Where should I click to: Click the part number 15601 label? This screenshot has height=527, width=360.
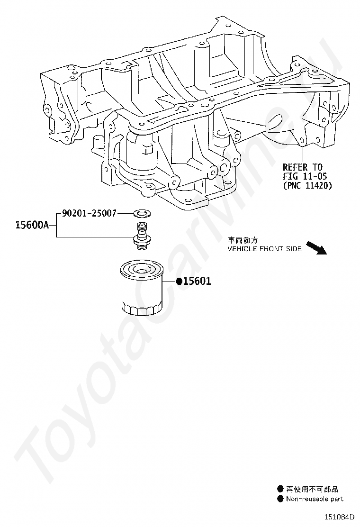coord(197,281)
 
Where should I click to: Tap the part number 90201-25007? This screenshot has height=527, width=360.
coord(89,214)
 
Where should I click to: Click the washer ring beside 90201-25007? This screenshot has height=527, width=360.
coord(140,214)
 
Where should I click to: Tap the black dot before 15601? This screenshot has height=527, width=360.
coord(179,281)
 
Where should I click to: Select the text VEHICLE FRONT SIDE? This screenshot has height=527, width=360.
coord(264,249)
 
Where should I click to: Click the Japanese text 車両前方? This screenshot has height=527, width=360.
coord(243,240)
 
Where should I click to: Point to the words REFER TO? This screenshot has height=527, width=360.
coord(303,167)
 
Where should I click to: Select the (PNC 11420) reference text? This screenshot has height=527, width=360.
coord(307,186)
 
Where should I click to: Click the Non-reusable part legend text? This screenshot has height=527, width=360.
coord(315,499)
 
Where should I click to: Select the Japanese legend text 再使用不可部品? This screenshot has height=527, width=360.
coord(312,489)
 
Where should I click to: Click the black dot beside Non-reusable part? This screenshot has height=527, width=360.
coord(280,499)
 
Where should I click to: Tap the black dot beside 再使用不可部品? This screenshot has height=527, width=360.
coord(280,489)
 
